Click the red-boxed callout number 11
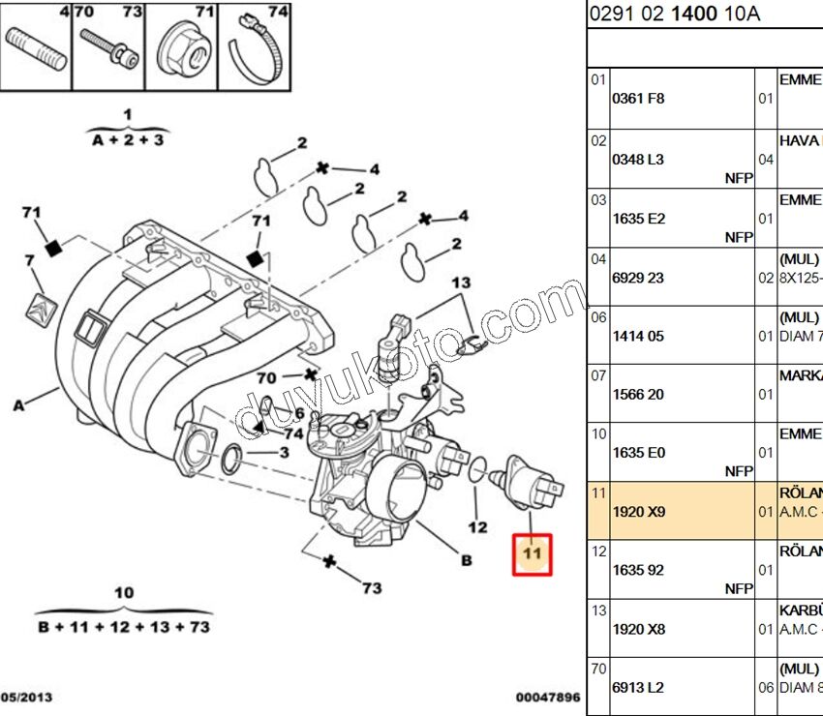pos(531,554)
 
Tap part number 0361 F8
pos(638,98)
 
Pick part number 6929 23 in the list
pos(638,277)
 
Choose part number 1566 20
pos(638,394)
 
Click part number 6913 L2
pos(638,687)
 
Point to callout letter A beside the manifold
pos(18,405)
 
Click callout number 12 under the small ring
pos(477,527)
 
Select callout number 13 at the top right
pos(461,282)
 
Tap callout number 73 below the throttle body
pos(372,587)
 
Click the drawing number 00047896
pos(546,697)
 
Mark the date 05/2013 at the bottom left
pos(26,697)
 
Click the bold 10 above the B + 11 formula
pos(124,592)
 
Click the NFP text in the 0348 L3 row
pos(738,178)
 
